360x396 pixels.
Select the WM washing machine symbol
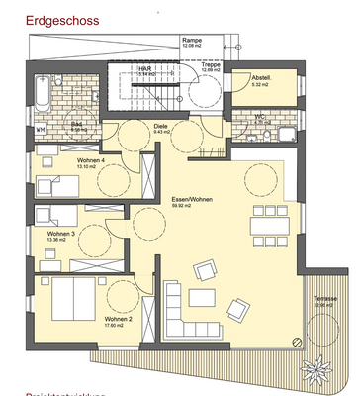click(41, 129)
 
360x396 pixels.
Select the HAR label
click(144, 68)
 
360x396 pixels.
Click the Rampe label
click(191, 40)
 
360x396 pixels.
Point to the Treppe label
click(210, 65)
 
